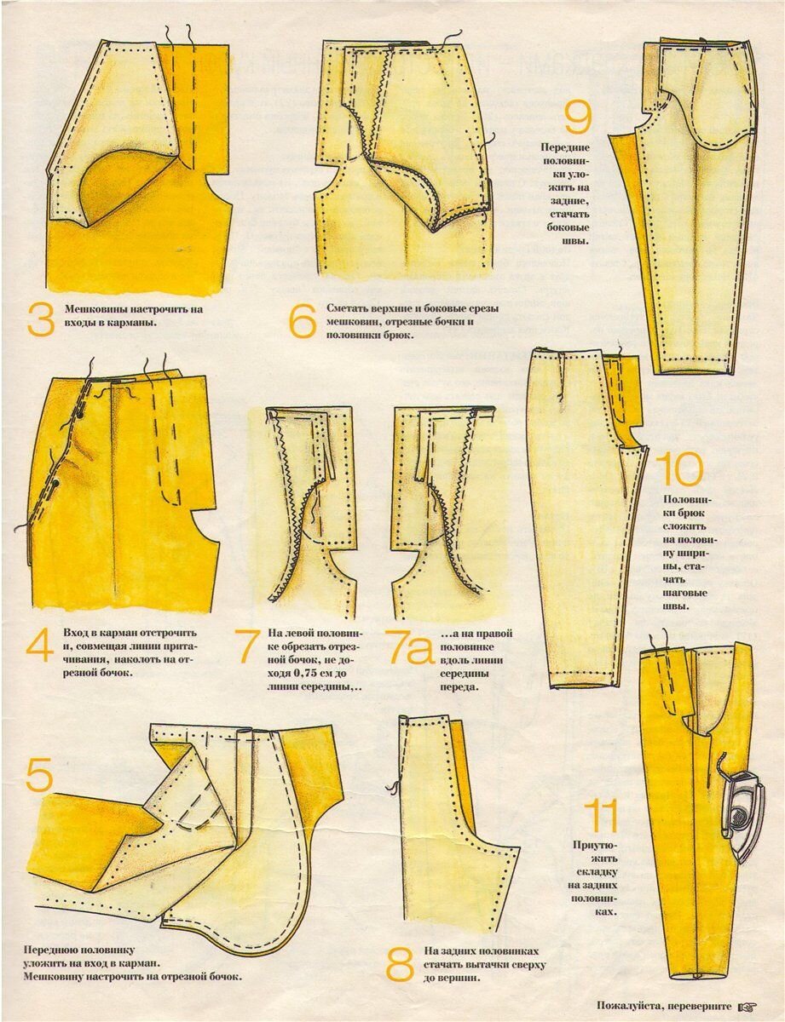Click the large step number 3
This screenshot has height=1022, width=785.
point(41,319)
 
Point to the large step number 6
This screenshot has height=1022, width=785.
point(302,321)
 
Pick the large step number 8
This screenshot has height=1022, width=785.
point(400,962)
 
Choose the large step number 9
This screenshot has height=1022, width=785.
point(577,118)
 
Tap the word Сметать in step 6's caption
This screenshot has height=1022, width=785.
point(347,308)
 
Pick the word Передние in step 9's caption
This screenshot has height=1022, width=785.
point(566,147)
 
